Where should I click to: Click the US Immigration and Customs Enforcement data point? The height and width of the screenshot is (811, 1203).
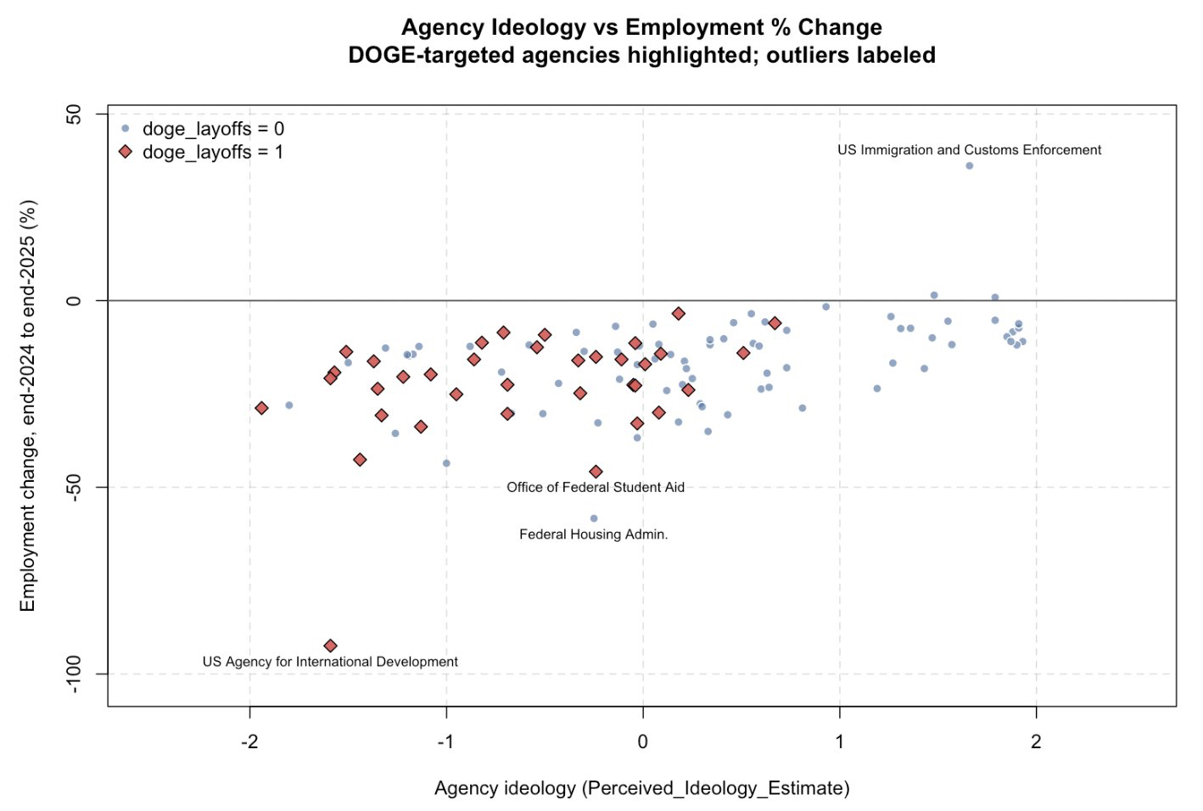969,165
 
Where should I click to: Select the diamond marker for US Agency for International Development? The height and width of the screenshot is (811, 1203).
331,646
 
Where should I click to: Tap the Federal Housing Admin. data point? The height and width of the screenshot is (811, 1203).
594,518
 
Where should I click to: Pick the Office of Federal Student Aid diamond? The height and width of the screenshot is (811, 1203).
596,472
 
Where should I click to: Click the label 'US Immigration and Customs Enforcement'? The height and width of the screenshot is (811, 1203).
969,150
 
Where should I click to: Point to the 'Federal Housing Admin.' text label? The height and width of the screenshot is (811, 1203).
594,534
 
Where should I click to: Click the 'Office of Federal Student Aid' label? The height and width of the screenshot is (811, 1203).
596,487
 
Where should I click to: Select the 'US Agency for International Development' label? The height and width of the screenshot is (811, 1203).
330,662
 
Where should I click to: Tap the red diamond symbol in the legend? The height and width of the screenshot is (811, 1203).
126,152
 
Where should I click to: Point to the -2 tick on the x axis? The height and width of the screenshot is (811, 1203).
249,741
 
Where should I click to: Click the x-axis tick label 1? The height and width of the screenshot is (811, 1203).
840,741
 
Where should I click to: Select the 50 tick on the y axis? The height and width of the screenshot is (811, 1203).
75,114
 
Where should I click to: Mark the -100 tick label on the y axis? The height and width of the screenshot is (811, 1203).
75,674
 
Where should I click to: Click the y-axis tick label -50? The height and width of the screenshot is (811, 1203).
75,487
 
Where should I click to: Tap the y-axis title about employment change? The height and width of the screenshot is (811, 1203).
28,405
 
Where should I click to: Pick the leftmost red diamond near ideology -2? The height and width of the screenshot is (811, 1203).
261,408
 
